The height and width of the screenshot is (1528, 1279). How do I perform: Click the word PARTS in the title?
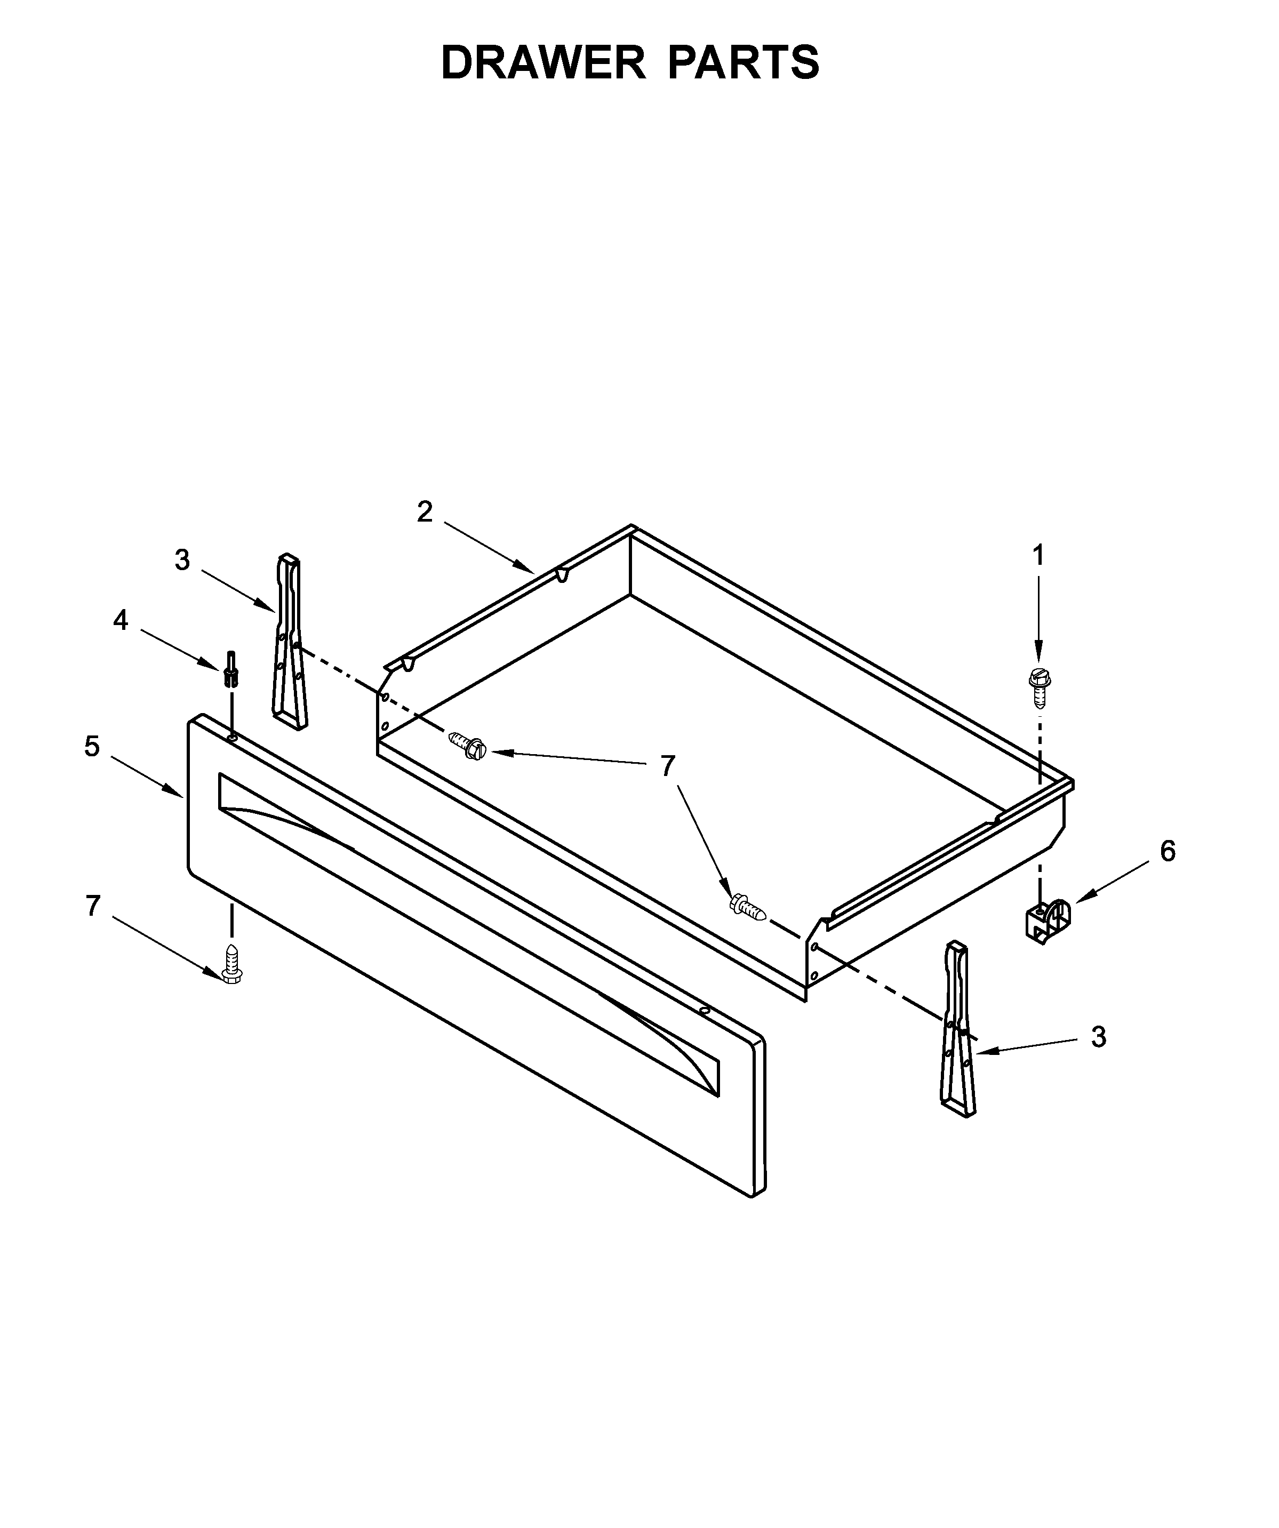pos(744,63)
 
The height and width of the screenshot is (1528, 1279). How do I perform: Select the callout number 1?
pos(1038,555)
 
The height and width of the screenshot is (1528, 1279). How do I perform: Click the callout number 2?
pos(425,512)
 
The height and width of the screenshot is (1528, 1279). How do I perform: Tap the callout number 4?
pos(121,621)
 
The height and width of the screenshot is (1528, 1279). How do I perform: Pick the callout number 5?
pos(92,747)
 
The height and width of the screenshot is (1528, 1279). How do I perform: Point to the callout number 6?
pos(1168,851)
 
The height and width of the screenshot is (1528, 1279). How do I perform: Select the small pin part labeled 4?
pos(231,669)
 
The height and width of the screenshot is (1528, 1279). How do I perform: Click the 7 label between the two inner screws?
pos(667,766)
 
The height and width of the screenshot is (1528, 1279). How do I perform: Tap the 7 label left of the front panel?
pos(92,906)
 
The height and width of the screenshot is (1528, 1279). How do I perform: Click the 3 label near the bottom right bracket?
pos(1099,1037)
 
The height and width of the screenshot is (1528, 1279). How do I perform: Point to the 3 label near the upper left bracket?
pos(182,560)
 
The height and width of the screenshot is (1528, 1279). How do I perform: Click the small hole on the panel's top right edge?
pos(704,1011)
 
